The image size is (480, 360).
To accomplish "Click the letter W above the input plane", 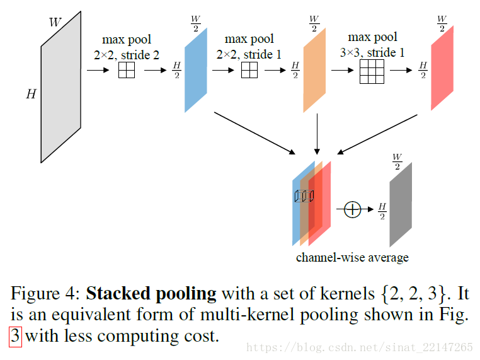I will click(55, 23).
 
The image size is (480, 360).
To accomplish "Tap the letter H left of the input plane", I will click(31, 95).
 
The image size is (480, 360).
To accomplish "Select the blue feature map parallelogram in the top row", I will click(195, 70).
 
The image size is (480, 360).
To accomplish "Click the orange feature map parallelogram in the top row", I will click(314, 70).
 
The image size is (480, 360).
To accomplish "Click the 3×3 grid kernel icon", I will click(372, 71).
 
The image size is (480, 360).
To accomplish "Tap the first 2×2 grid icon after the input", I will click(127, 70).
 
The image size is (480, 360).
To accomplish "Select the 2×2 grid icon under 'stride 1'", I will click(249, 70).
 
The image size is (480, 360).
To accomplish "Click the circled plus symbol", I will click(353, 209).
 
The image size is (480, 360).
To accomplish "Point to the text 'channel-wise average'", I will click(352, 257).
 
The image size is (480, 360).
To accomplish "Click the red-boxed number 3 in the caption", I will click(15, 336).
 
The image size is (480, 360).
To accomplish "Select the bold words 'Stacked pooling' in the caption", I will click(151, 294).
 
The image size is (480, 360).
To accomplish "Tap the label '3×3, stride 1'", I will click(373, 53).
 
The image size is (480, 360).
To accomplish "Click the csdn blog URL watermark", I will click(360, 347).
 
